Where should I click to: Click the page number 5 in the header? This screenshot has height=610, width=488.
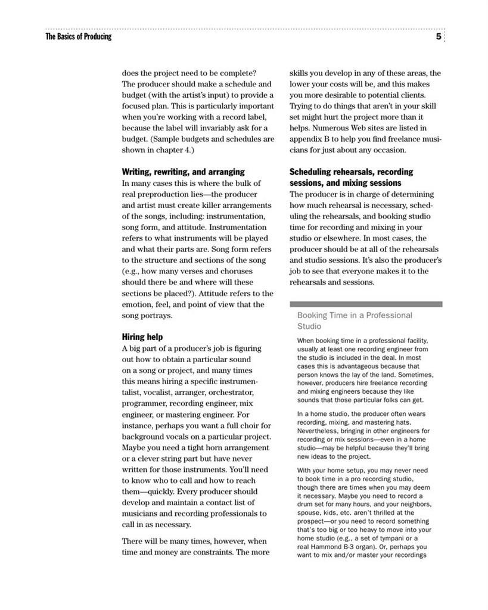(439, 37)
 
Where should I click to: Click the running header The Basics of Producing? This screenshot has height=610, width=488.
(78, 37)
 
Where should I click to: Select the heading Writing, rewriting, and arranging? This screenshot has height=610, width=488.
(183, 172)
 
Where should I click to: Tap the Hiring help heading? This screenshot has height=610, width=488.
(142, 337)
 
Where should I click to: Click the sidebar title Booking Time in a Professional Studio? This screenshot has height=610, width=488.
(355, 320)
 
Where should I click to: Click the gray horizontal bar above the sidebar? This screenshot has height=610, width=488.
(366, 304)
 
